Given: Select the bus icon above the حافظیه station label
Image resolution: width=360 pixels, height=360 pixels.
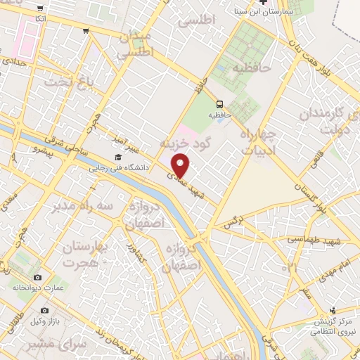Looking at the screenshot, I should pyautogui.click(x=220, y=103).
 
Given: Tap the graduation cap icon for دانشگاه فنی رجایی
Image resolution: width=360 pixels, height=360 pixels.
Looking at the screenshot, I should pyautogui.click(x=117, y=157).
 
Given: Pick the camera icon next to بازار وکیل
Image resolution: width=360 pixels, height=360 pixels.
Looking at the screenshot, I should pyautogui.click(x=44, y=310).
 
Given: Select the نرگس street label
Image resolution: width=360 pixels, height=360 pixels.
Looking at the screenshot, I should pyautogui.click(x=233, y=224).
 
